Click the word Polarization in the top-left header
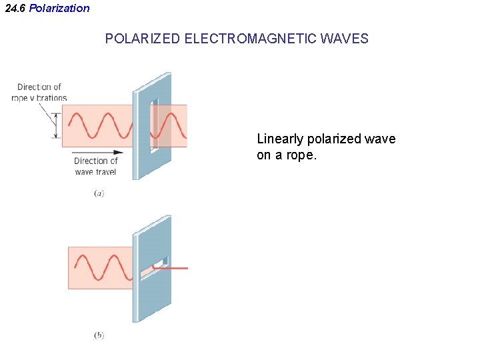click(x=59, y=8)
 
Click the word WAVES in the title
click(x=344, y=39)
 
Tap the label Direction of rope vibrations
click(x=39, y=92)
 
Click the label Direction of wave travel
click(x=95, y=166)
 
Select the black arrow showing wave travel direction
click(x=100, y=152)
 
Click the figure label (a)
click(x=99, y=193)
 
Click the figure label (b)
click(x=99, y=335)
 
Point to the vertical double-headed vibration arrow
click(x=57, y=125)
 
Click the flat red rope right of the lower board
click(x=177, y=268)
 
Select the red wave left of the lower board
click(x=103, y=267)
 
